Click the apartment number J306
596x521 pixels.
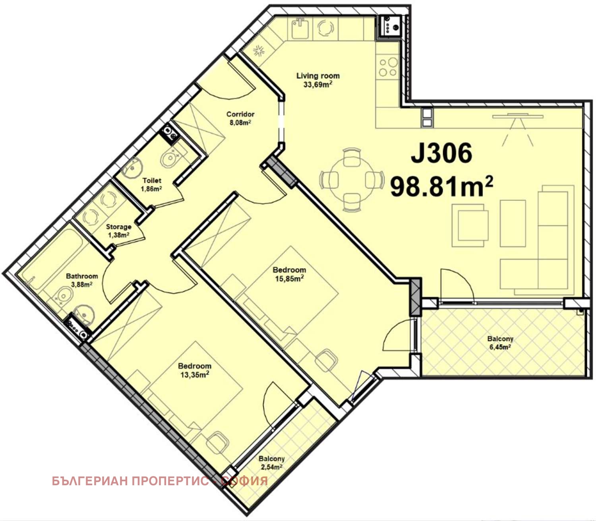(441, 153)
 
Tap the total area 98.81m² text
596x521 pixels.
(441, 186)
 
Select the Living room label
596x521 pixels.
(318, 76)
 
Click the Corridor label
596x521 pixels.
(240, 114)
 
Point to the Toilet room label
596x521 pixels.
(152, 181)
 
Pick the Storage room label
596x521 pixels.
(118, 227)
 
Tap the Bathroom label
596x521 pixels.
(82, 276)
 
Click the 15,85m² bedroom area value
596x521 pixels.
(289, 279)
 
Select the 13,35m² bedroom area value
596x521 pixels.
(195, 375)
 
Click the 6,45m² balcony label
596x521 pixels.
(500, 347)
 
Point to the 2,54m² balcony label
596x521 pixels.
(272, 467)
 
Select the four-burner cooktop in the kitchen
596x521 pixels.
(388, 67)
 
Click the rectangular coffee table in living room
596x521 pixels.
(513, 223)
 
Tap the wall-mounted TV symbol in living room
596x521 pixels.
(518, 116)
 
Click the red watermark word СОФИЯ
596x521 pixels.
(244, 481)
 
